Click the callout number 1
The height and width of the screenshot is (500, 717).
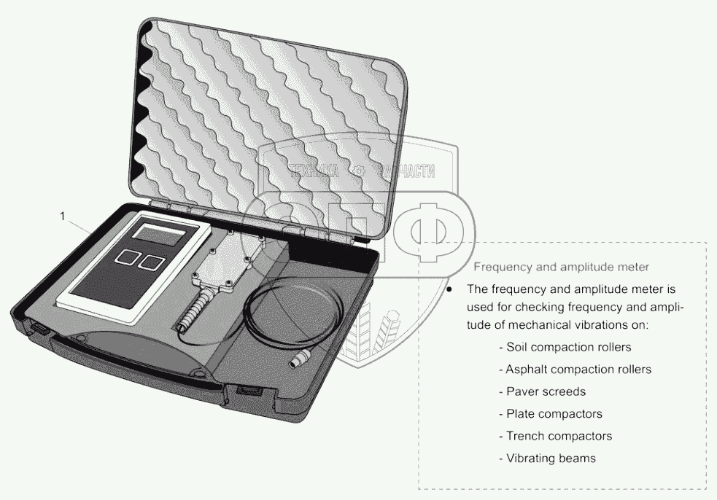(x=63, y=216)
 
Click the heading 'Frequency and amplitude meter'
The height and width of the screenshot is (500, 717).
(x=562, y=267)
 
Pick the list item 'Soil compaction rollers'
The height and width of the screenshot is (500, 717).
(x=564, y=347)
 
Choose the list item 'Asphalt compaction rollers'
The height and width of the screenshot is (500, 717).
(x=574, y=370)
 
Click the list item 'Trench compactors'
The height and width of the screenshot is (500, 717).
(x=554, y=437)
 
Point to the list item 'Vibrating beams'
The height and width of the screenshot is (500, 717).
(x=546, y=458)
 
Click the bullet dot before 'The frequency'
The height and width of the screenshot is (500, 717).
(x=450, y=289)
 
